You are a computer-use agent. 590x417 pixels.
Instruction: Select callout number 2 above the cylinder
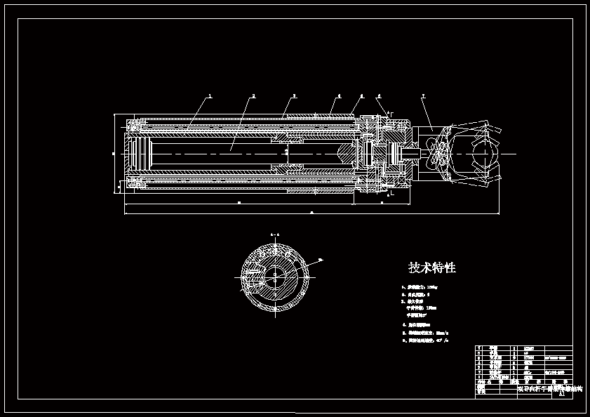click(253, 95)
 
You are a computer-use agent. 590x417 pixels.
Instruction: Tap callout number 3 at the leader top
click(295, 95)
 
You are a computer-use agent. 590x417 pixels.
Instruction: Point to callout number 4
click(339, 95)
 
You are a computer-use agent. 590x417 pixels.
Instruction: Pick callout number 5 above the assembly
click(362, 95)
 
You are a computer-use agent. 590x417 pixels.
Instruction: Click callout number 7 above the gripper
click(423, 95)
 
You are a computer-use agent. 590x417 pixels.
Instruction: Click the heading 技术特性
click(432, 267)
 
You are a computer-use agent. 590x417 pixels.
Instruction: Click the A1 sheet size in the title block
click(561, 394)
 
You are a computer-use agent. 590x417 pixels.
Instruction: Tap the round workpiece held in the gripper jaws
click(484, 152)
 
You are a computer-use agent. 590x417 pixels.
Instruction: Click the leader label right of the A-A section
click(321, 260)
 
